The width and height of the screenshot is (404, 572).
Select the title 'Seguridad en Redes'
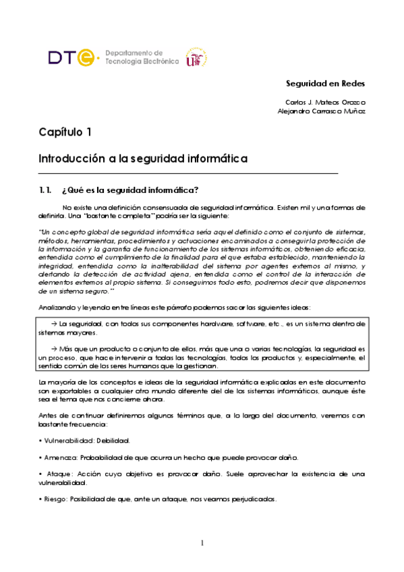pos(324,84)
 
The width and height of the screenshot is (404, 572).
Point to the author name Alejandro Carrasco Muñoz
pos(321,111)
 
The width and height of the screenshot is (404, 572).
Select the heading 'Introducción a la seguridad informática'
pos(143,159)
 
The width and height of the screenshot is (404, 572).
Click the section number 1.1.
pos(45,189)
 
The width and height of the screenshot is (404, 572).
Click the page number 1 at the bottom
pos(202,543)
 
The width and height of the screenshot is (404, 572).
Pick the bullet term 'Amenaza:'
pos(57,457)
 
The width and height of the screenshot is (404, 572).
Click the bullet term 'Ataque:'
pos(56,474)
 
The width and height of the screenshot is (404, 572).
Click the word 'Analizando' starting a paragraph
pos(55,308)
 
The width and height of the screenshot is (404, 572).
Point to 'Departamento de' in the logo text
pos(134,52)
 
